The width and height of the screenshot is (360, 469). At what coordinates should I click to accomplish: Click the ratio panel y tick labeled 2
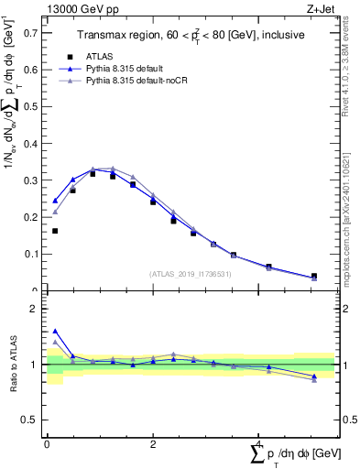coord(37,310)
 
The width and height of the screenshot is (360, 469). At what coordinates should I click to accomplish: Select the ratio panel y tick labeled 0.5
coord(32,420)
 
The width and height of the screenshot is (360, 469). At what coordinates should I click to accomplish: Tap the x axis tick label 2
coord(153,443)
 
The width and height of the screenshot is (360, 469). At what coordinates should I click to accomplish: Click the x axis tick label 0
coord(47,443)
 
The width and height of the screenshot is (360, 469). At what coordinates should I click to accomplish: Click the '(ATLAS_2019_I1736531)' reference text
coord(191,274)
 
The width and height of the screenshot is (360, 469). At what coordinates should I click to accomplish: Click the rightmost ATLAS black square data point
coord(314,276)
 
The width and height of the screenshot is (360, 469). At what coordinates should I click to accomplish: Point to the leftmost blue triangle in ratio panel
coord(55,332)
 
